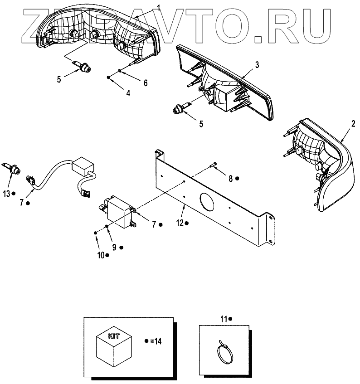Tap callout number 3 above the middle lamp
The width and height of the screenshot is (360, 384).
(257, 65)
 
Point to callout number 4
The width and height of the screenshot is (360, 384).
(128, 93)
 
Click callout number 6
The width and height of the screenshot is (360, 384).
(145, 83)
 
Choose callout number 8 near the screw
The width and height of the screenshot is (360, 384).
(230, 179)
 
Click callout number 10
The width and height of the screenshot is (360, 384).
(100, 255)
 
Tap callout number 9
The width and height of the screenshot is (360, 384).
(114, 247)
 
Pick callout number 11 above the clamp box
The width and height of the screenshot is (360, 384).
(223, 319)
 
